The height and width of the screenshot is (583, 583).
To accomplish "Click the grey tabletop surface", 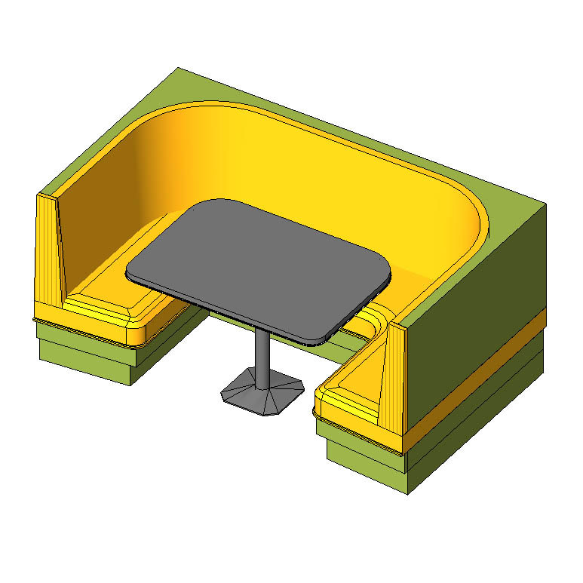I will (x=260, y=268).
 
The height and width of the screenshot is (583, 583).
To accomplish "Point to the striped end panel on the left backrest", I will (x=50, y=256).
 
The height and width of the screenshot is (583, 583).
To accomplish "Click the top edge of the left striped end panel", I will (x=48, y=197).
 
